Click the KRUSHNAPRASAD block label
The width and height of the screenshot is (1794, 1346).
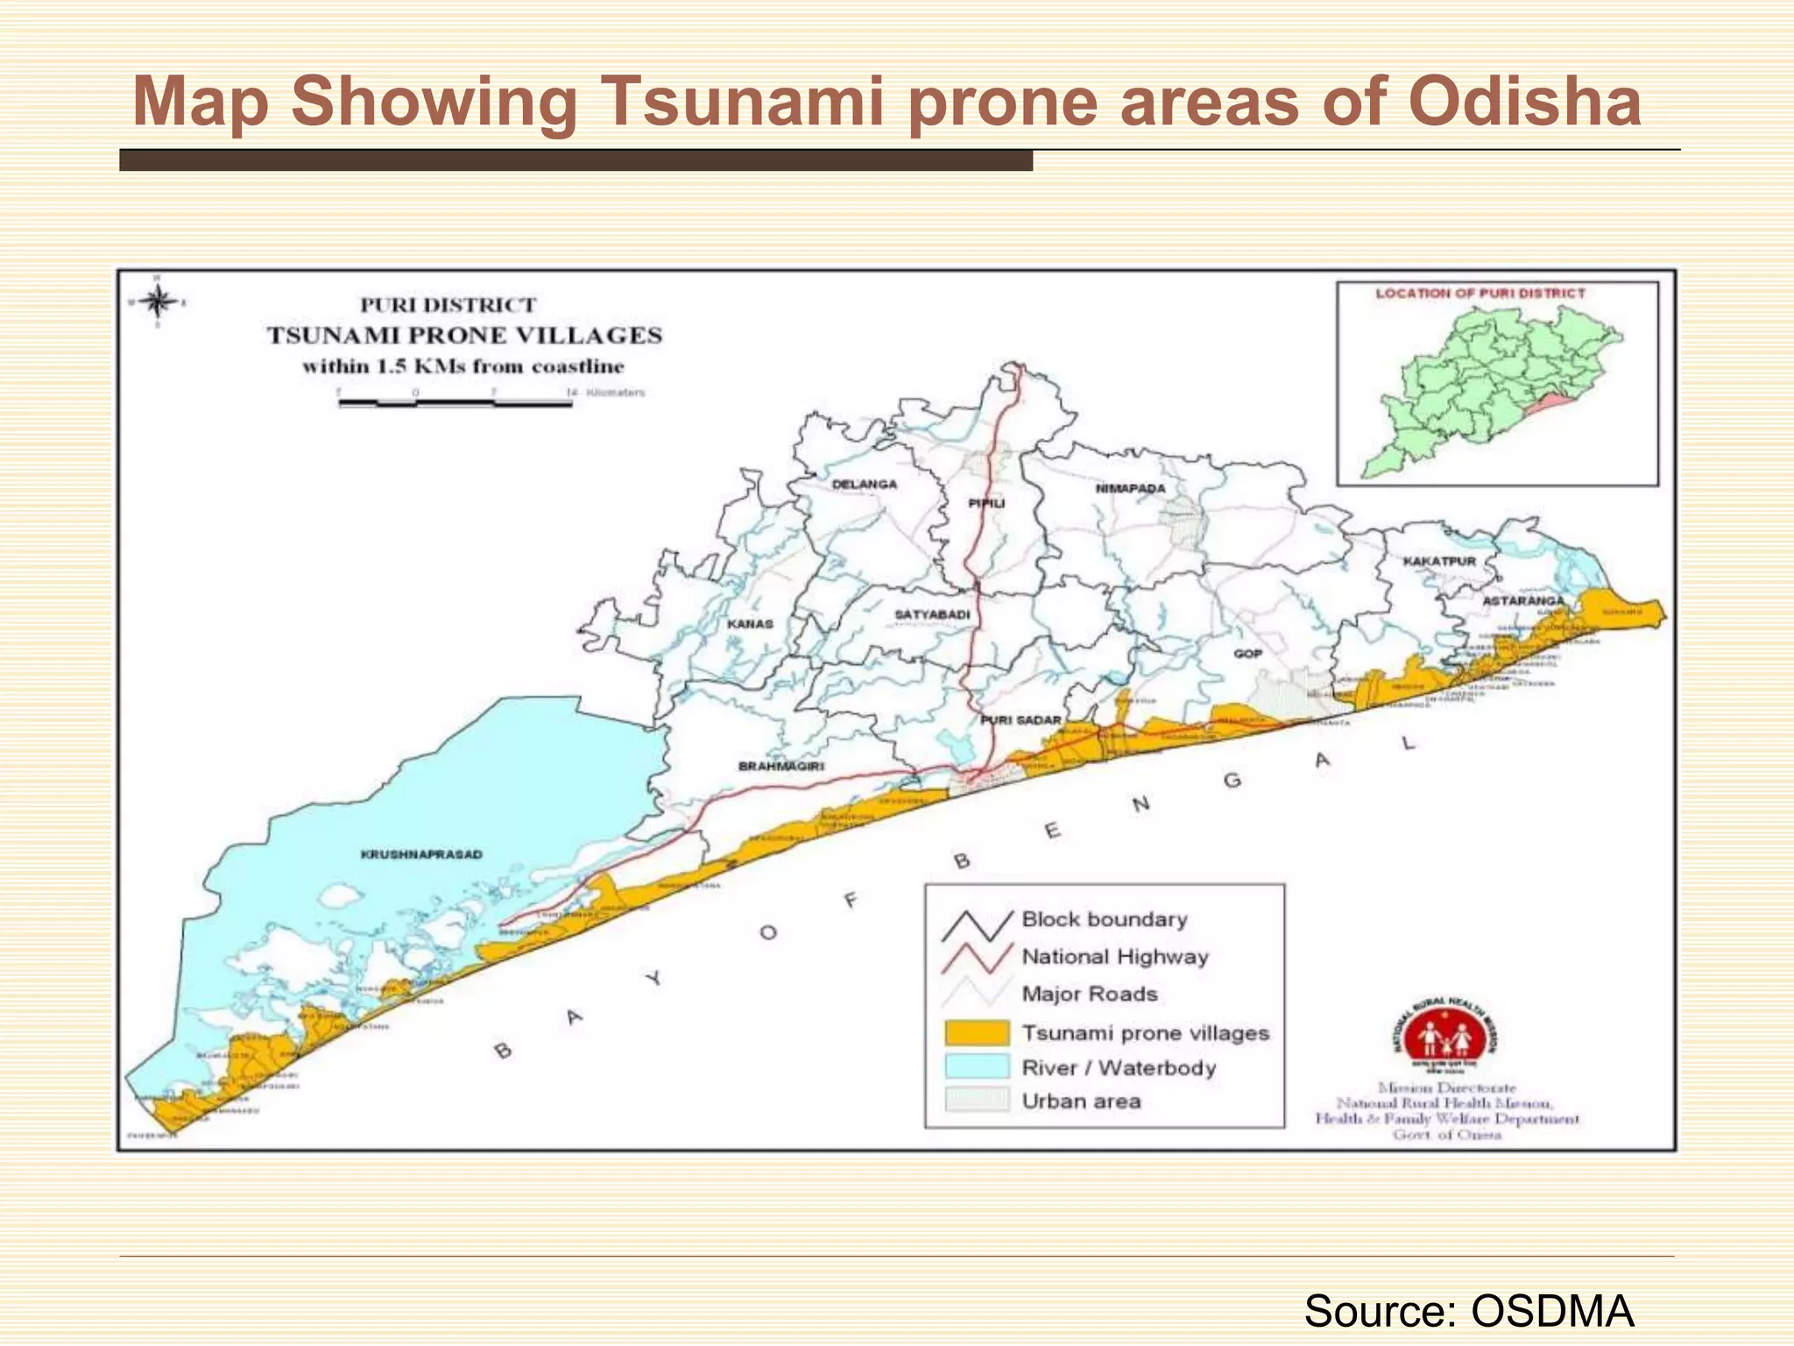coord(421,854)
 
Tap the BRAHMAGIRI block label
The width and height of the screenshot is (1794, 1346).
coord(781,766)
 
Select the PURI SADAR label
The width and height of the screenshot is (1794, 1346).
coord(1021,720)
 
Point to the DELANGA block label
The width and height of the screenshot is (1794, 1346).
coord(864,484)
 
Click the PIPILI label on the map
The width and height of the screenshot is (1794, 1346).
coord(986,503)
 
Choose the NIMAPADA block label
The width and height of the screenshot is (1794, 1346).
coord(1131,488)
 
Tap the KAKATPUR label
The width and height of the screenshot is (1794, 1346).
coord(1439,561)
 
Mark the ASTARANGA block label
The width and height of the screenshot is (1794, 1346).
coord(1522,601)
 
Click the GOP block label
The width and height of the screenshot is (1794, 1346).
coord(1247,654)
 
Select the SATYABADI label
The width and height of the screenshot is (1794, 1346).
coord(932,614)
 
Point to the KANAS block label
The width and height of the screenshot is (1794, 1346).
coord(750,624)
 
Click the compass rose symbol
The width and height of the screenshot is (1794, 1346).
coord(158,302)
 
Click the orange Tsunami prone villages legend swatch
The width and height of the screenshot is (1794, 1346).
coord(977,1032)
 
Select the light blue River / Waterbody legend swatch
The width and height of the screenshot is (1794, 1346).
coord(977,1066)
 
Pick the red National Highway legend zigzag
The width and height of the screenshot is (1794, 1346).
coord(977,957)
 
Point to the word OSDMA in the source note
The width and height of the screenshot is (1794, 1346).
coord(1552,1312)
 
